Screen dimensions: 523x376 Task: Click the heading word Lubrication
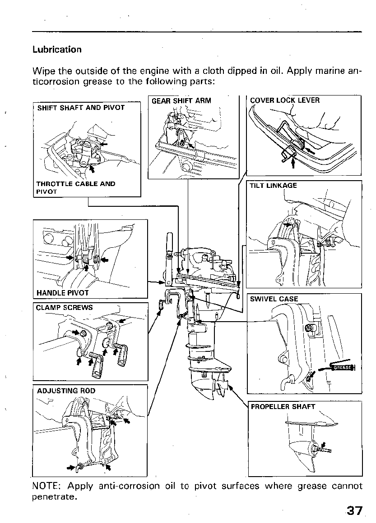point(57,50)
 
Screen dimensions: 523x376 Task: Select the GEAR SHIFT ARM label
point(181,101)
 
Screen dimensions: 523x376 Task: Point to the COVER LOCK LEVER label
point(284,100)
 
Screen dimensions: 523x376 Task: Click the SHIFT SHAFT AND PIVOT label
point(81,108)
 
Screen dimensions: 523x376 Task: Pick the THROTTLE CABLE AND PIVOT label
point(75,187)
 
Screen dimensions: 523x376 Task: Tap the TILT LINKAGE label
point(273,185)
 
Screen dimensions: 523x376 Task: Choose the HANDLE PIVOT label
point(62,293)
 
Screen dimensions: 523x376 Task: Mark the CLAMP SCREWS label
point(65,308)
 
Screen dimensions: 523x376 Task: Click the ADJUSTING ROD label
point(66,391)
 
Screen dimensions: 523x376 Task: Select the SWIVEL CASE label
point(274,299)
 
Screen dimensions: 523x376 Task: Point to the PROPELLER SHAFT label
point(283,406)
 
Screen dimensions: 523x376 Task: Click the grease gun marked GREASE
point(339,367)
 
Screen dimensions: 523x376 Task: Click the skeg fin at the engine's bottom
point(207,395)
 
